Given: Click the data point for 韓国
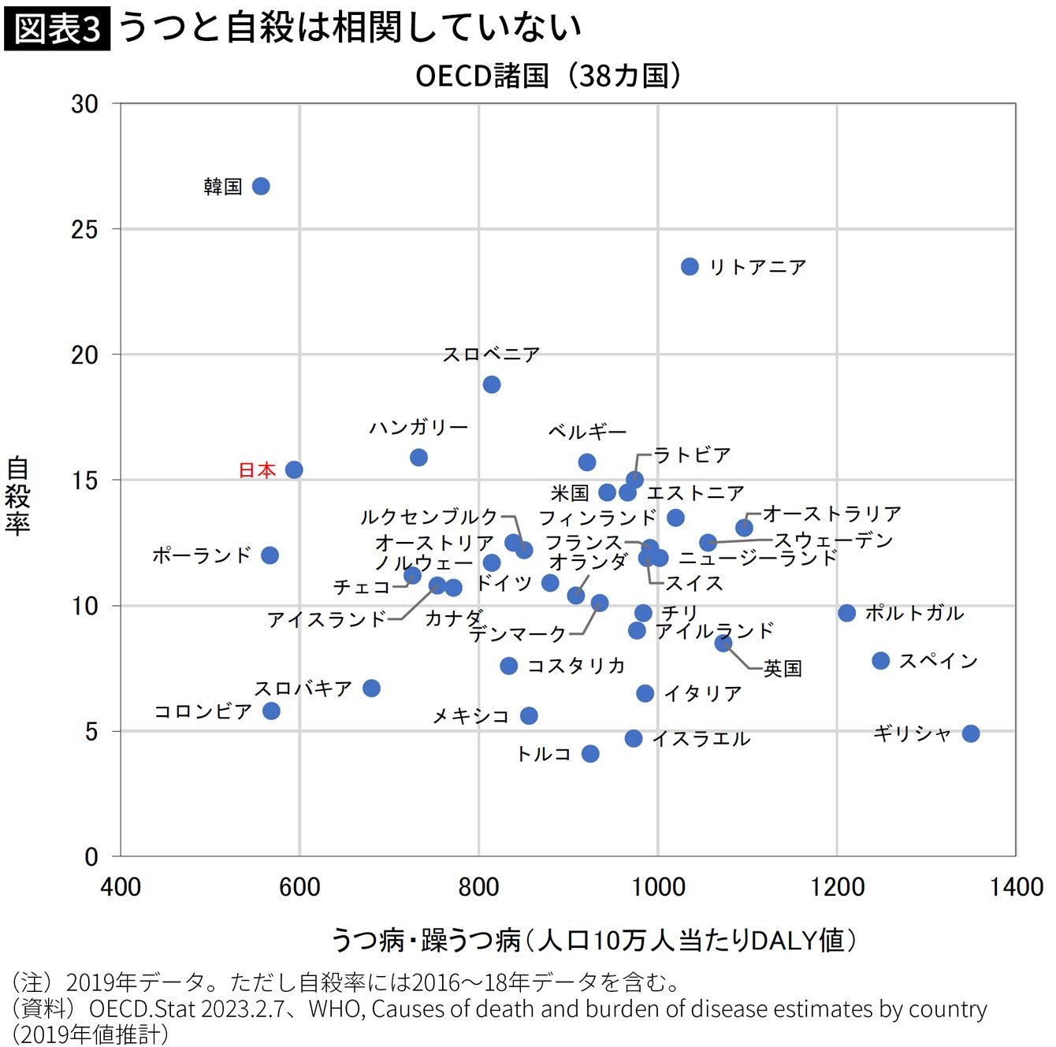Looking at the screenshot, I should [x=261, y=186].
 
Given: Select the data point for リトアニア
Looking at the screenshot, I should [x=690, y=266].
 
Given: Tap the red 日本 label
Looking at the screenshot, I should [x=257, y=470].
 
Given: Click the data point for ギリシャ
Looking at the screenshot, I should [x=971, y=733].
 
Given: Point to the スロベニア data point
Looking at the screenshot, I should [x=492, y=384].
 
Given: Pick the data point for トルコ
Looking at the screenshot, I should [x=590, y=754].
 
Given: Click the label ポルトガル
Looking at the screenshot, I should [x=914, y=613].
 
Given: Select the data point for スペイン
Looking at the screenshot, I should [x=881, y=661].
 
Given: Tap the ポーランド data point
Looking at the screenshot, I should [x=270, y=555].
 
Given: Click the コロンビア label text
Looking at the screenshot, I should [x=203, y=711].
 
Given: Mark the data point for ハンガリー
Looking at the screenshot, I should [x=418, y=457].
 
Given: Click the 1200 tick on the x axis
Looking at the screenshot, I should [x=837, y=887].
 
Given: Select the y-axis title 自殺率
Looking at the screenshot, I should [x=17, y=496].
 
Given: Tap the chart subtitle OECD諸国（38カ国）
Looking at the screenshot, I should [x=548, y=76].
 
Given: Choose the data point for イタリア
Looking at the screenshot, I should [x=645, y=693].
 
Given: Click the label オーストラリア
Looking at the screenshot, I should [x=832, y=514].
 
